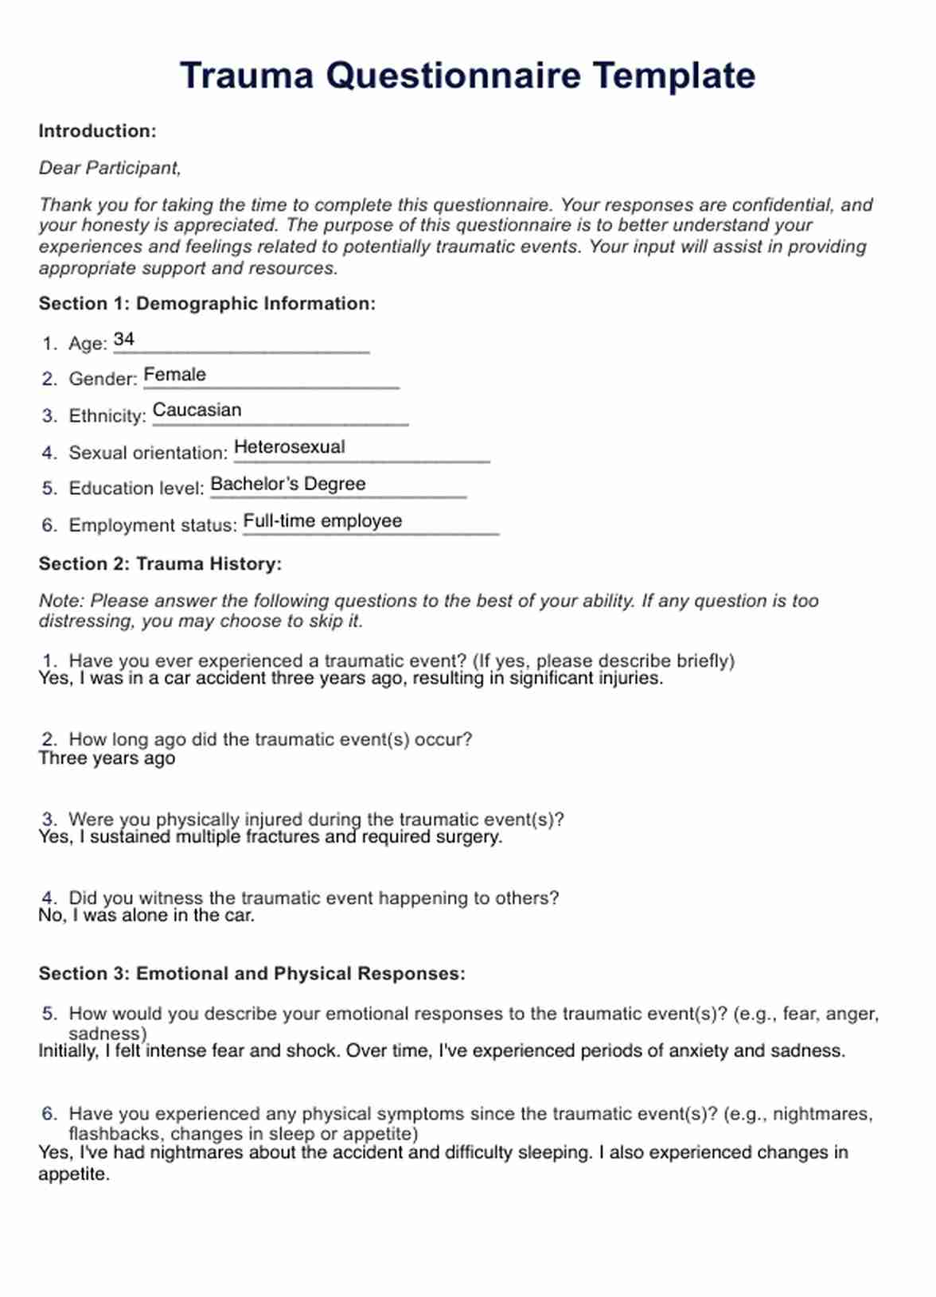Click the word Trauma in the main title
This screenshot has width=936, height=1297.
[247, 76]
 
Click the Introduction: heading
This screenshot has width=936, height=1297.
[97, 131]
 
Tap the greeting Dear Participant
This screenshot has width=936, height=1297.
[110, 168]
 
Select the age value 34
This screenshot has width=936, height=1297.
[124, 340]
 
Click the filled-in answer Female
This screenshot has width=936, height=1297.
[174, 375]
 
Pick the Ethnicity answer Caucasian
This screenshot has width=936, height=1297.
[197, 411]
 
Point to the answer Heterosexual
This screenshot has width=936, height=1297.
[289, 447]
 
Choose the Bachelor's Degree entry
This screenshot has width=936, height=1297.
[287, 484]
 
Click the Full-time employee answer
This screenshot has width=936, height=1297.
[322, 521]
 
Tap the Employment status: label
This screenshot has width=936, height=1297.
[153, 526]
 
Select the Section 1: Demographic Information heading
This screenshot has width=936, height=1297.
[207, 304]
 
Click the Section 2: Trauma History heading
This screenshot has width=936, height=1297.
[160, 564]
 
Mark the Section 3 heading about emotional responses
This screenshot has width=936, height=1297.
[252, 974]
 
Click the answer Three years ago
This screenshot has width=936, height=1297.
[107, 758]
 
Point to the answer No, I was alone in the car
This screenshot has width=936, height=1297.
[146, 916]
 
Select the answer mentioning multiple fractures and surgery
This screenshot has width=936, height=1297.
[271, 837]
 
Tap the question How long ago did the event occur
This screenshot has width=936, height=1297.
[270, 740]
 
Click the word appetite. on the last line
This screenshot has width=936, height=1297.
[74, 1174]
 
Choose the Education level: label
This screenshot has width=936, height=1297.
[136, 489]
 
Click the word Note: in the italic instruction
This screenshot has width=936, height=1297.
[61, 601]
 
